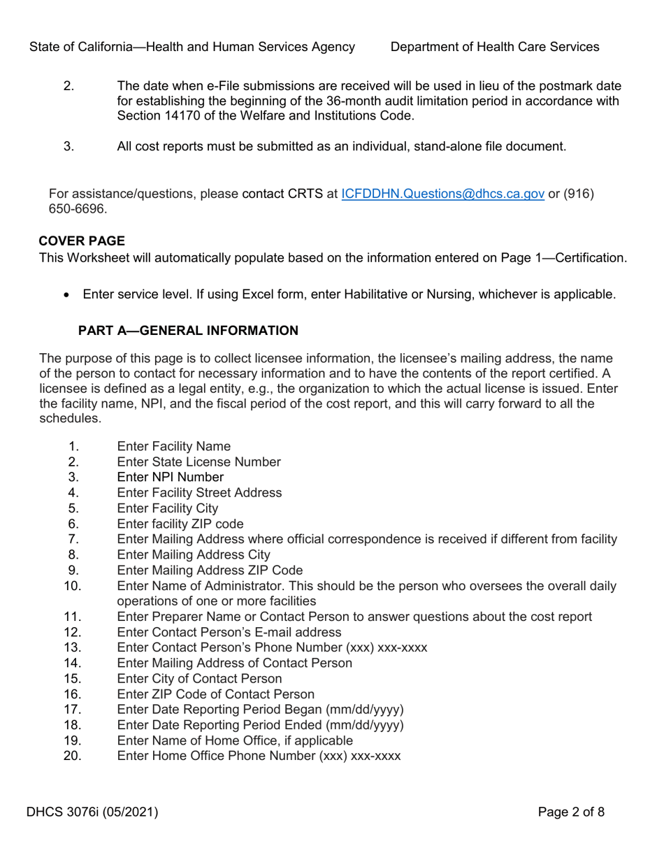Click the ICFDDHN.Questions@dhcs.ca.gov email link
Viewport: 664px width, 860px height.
[442, 193]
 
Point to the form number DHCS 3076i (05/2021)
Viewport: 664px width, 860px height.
[92, 812]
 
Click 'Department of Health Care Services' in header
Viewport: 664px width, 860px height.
[495, 47]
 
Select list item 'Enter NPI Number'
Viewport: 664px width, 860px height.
[171, 477]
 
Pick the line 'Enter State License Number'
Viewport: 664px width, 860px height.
[199, 461]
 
